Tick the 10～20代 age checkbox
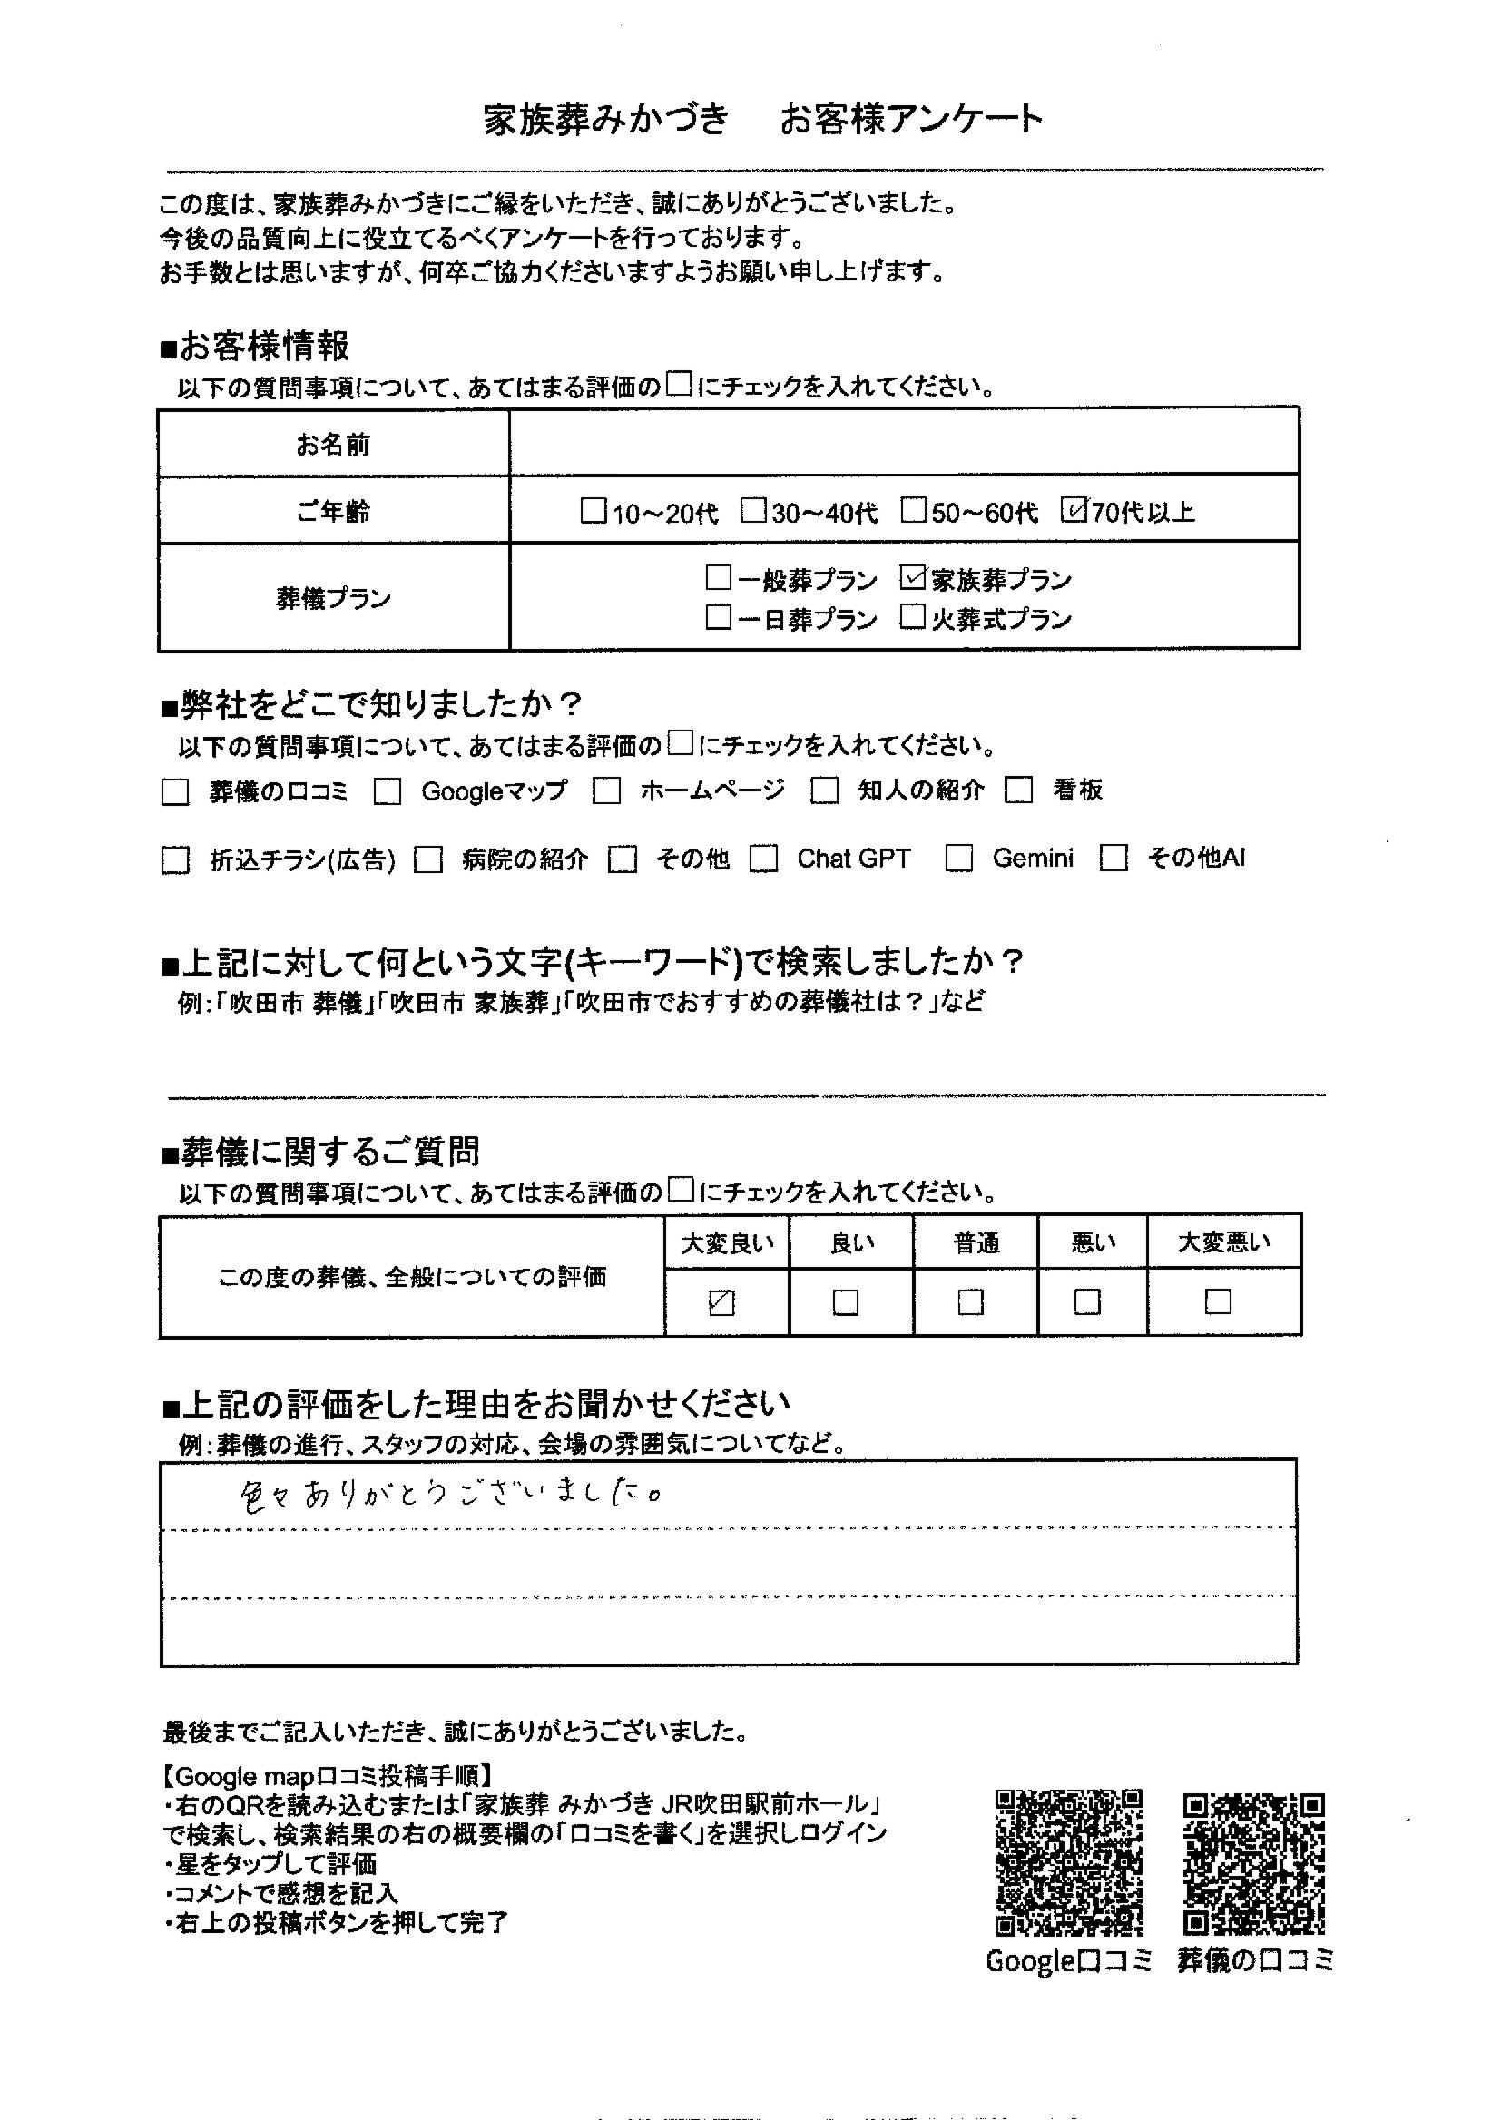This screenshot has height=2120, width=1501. pyautogui.click(x=593, y=511)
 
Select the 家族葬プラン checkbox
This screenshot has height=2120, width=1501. pyautogui.click(x=912, y=578)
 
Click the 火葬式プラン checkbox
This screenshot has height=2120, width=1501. pyautogui.click(x=912, y=617)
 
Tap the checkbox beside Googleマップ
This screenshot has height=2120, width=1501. pyautogui.click(x=388, y=792)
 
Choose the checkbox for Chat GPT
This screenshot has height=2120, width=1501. pyautogui.click(x=763, y=859)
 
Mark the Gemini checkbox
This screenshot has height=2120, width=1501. pyautogui.click(x=958, y=859)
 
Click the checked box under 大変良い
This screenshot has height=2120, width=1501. pyautogui.click(x=721, y=1302)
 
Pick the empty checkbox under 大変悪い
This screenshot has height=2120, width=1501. pyautogui.click(x=1218, y=1302)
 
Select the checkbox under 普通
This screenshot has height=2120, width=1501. pyautogui.click(x=970, y=1302)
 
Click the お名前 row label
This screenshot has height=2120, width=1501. pyautogui.click(x=333, y=446)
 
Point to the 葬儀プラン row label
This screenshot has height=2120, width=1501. pyautogui.click(x=333, y=599)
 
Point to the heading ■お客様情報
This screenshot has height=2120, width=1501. pyautogui.click(x=255, y=348)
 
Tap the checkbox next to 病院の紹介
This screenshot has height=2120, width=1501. pyautogui.click(x=428, y=860)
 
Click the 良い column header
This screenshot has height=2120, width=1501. pyautogui.click(x=851, y=1243)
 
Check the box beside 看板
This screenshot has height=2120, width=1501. pyautogui.click(x=1018, y=791)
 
